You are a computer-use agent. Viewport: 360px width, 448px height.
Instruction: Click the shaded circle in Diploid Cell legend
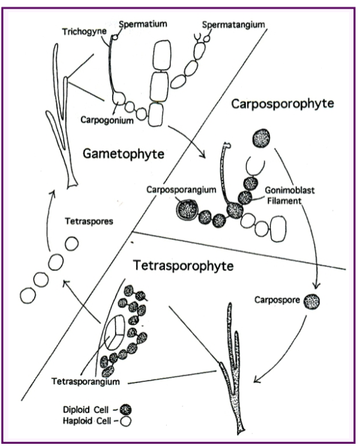click(126, 410)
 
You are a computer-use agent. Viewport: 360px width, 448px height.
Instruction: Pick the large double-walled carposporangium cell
click(188, 211)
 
